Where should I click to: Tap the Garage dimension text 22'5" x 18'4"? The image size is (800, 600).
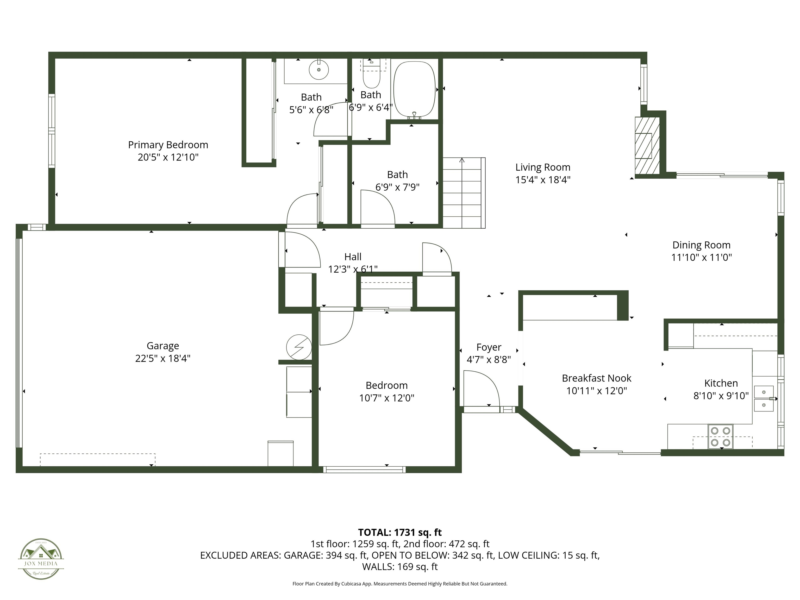point(163,358)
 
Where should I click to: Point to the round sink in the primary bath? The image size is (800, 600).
point(319,70)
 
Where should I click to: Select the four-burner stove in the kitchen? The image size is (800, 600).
point(720,436)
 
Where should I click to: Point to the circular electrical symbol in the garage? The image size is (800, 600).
point(299,347)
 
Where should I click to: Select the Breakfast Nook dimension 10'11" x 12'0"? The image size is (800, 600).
point(596,391)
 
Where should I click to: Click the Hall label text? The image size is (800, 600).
point(353,257)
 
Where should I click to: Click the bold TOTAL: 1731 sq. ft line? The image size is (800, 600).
point(400,532)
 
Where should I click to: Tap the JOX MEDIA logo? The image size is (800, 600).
point(41,559)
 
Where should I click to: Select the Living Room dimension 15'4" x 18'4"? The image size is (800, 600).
point(542,180)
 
